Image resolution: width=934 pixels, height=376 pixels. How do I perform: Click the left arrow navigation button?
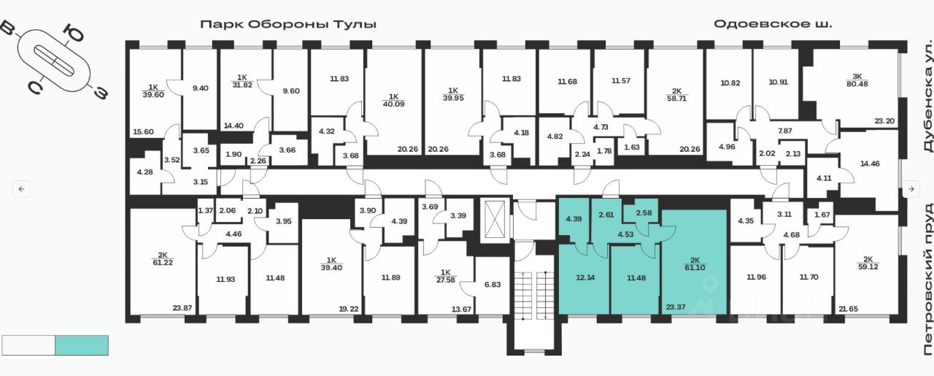pyautogui.click(x=21, y=189)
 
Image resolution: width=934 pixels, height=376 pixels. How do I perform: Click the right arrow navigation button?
pyautogui.click(x=911, y=189)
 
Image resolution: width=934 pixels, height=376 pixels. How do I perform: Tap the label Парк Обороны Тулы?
pyautogui.click(x=289, y=24)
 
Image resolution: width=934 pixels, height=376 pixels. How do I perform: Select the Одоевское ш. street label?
pyautogui.click(x=773, y=24)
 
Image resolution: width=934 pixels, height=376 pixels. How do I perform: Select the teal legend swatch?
pyautogui.click(x=82, y=345)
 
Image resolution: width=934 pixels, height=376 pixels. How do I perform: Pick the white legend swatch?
pyautogui.click(x=28, y=345)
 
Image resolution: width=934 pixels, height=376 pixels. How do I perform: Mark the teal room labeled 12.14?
pyautogui.click(x=582, y=277)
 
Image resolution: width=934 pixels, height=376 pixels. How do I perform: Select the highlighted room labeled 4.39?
pyautogui.click(x=572, y=220)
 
